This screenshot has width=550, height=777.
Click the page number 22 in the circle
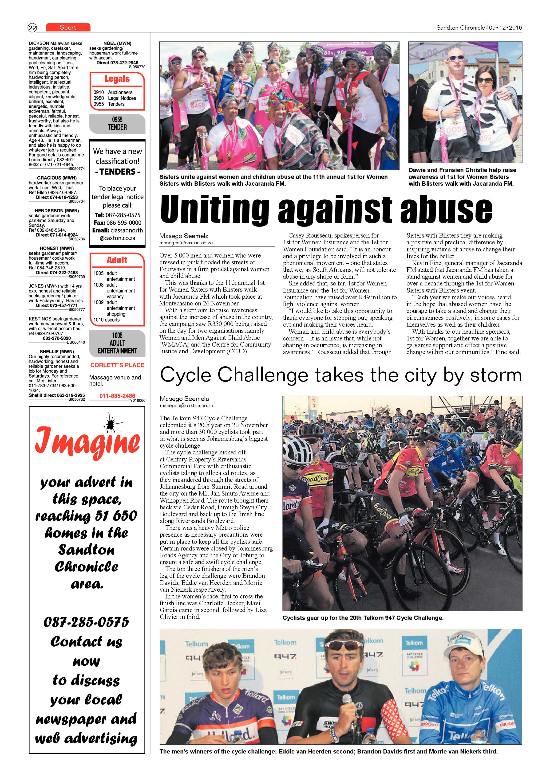[32, 28]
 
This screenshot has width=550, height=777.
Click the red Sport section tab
[68, 27]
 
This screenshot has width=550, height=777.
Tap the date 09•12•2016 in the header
[505, 28]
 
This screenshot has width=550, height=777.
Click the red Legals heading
[117, 79]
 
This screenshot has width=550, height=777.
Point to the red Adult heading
[117, 260]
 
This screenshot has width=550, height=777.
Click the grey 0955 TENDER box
[117, 124]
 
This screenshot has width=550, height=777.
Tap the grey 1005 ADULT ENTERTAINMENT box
[117, 343]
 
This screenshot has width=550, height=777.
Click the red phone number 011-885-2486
[117, 396]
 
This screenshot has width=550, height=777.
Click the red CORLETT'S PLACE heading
[117, 365]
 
